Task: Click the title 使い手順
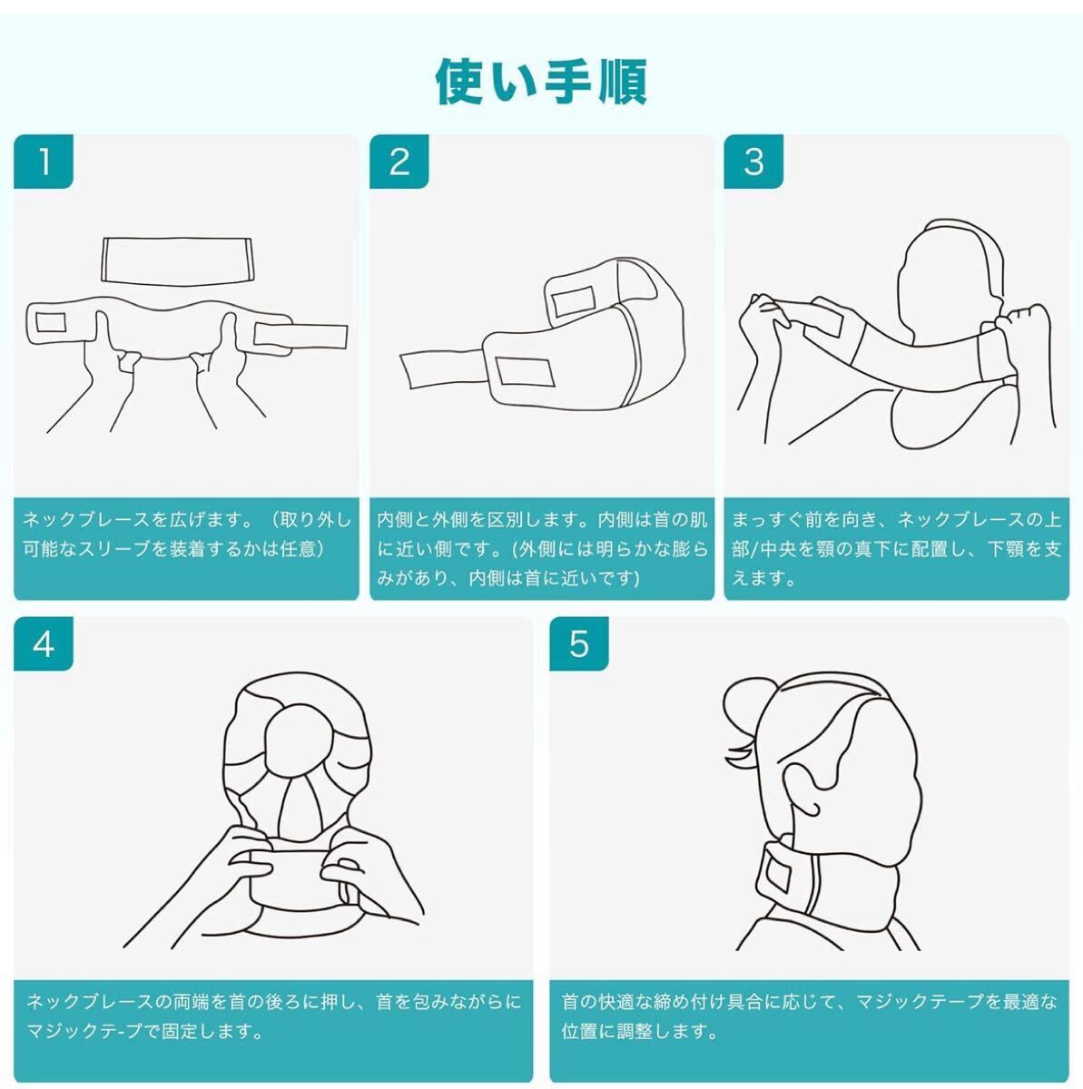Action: pyautogui.click(x=541, y=83)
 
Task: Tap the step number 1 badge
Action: pyautogui.click(x=44, y=162)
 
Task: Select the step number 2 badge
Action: pyautogui.click(x=399, y=162)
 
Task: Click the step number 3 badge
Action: pyautogui.click(x=753, y=162)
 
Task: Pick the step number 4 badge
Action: pyautogui.click(x=44, y=643)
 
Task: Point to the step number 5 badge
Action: pyautogui.click(x=579, y=643)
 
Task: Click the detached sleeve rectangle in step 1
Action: pyautogui.click(x=179, y=260)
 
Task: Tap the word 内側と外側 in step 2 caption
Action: pyautogui.click(x=423, y=519)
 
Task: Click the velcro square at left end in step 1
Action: pyautogui.click(x=51, y=323)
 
